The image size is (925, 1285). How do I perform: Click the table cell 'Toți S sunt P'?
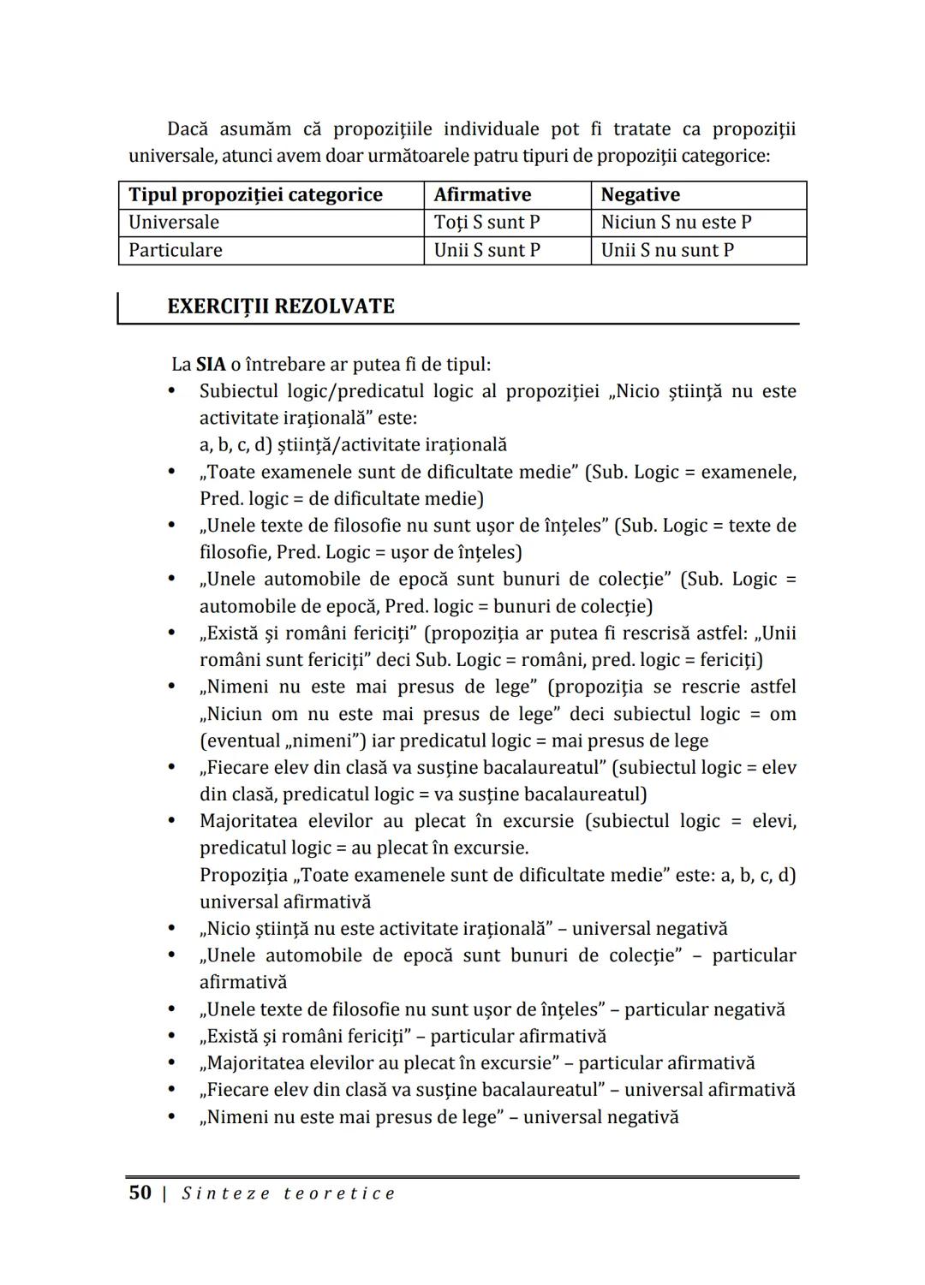click(486, 223)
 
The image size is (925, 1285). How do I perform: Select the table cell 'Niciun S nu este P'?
click(676, 223)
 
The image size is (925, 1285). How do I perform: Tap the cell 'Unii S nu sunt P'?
click(667, 251)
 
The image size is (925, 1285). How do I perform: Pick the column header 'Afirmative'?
click(482, 195)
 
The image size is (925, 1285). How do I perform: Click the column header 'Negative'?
click(640, 195)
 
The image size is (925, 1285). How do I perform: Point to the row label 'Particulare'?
click(175, 251)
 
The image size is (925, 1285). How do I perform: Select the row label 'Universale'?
click(173, 223)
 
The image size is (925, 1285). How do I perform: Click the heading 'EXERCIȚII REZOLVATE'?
click(281, 306)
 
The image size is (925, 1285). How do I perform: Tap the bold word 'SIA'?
click(211, 365)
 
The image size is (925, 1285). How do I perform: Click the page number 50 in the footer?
click(140, 1193)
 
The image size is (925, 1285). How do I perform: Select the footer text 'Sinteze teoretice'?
click(289, 1193)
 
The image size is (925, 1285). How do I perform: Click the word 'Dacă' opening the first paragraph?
click(188, 129)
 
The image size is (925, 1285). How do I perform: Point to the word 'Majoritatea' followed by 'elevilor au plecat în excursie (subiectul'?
click(248, 822)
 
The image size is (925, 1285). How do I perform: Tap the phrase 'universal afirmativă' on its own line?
click(285, 902)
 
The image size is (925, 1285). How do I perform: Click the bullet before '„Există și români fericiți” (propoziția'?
click(172, 634)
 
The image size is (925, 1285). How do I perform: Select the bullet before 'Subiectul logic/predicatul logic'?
click(172, 391)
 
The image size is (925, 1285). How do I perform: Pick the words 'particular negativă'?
click(704, 1010)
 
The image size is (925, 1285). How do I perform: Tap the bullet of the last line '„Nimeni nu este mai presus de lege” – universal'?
click(172, 1117)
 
